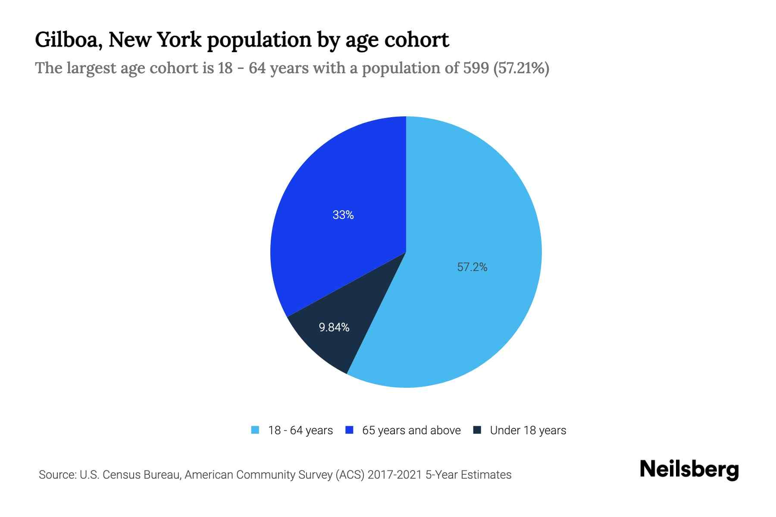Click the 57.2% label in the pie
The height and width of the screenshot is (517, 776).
point(472,267)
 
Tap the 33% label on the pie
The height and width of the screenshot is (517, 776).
point(343,215)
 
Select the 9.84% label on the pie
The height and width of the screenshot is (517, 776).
point(334,327)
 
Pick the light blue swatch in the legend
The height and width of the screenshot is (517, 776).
point(255,430)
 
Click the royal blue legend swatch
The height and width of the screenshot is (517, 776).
point(350,430)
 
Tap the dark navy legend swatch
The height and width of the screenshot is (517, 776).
point(477,430)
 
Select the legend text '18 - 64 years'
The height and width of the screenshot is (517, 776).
point(300,430)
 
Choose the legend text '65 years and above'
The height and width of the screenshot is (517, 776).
point(411,430)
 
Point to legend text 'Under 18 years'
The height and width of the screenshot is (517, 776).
point(528,430)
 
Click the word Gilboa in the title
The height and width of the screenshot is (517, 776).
point(68,40)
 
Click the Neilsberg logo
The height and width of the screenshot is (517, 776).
point(689,470)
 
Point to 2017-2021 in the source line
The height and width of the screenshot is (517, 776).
point(395,475)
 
